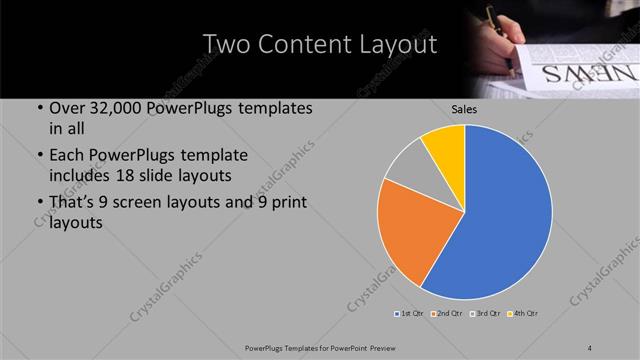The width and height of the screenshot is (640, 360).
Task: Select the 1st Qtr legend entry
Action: coord(410,314)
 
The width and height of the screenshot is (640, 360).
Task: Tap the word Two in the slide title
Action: coord(225,44)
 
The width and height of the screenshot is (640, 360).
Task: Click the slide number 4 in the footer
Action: coord(590,346)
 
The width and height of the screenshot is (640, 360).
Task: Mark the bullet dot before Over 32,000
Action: coord(38,109)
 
